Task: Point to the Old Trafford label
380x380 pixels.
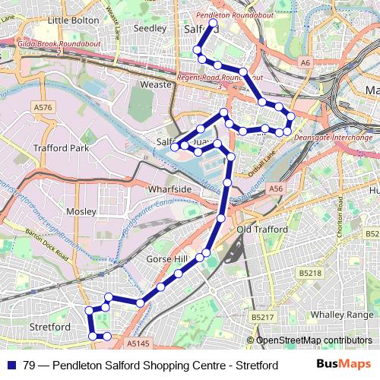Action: pos(261,229)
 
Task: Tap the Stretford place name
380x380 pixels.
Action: pos(49,327)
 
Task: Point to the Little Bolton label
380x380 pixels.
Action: pos(68,20)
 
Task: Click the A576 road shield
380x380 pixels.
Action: pos(43,109)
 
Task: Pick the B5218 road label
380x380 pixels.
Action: pos(310,272)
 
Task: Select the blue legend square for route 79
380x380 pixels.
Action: pos(12,365)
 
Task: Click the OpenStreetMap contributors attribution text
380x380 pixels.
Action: pos(314,341)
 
